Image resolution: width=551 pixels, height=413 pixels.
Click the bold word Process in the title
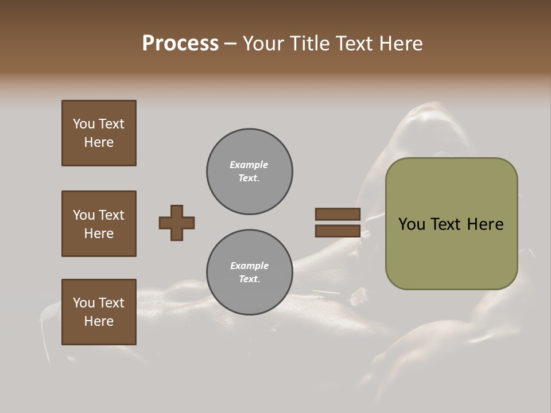(x=180, y=44)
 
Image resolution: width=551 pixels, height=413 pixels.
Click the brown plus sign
(x=177, y=223)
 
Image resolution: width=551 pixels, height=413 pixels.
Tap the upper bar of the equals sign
(x=337, y=214)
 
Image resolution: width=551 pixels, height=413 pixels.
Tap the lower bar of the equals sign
(x=337, y=231)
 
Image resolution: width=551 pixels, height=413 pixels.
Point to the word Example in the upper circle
(x=249, y=165)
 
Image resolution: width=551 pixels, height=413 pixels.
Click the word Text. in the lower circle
(x=249, y=279)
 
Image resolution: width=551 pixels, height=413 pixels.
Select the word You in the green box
(x=412, y=224)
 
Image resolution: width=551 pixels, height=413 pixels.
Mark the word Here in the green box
(x=485, y=224)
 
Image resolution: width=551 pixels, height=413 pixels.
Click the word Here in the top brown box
(x=99, y=142)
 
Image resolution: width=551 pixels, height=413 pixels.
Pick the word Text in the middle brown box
(x=111, y=215)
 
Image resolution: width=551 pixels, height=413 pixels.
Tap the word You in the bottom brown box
(x=84, y=303)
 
